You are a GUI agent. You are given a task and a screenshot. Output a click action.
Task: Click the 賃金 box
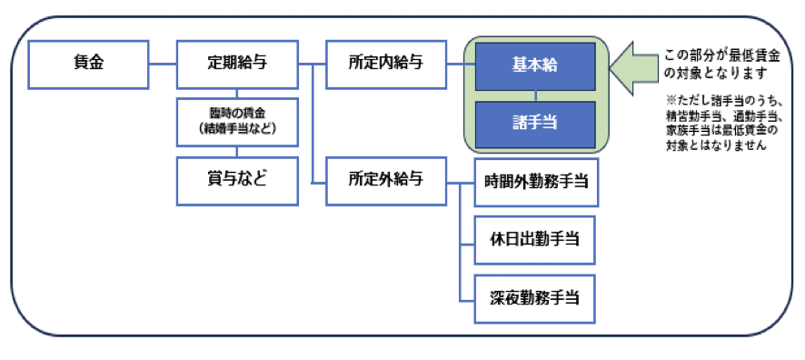[x=87, y=64]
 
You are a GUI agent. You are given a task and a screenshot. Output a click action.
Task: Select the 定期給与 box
[x=236, y=64]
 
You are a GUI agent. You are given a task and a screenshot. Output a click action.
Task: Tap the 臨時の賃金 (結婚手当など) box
[x=236, y=122]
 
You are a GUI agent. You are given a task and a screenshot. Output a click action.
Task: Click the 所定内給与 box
[x=386, y=64]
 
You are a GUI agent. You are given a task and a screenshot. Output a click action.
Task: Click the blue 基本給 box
[x=535, y=65]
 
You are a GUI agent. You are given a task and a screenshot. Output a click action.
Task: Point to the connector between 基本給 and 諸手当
[x=535, y=94]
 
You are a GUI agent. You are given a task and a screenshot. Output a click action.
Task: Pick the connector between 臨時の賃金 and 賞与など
[x=236, y=151]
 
